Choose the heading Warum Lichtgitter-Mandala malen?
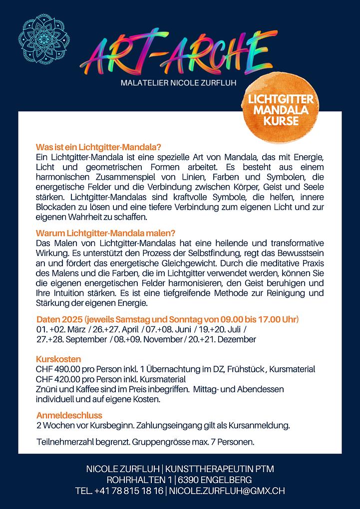click(105, 233)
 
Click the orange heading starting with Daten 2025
click(167, 319)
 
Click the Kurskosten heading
click(58, 359)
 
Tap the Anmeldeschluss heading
click(69, 415)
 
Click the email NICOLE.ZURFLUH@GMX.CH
click(227, 491)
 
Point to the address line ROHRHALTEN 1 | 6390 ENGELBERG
click(180, 480)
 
